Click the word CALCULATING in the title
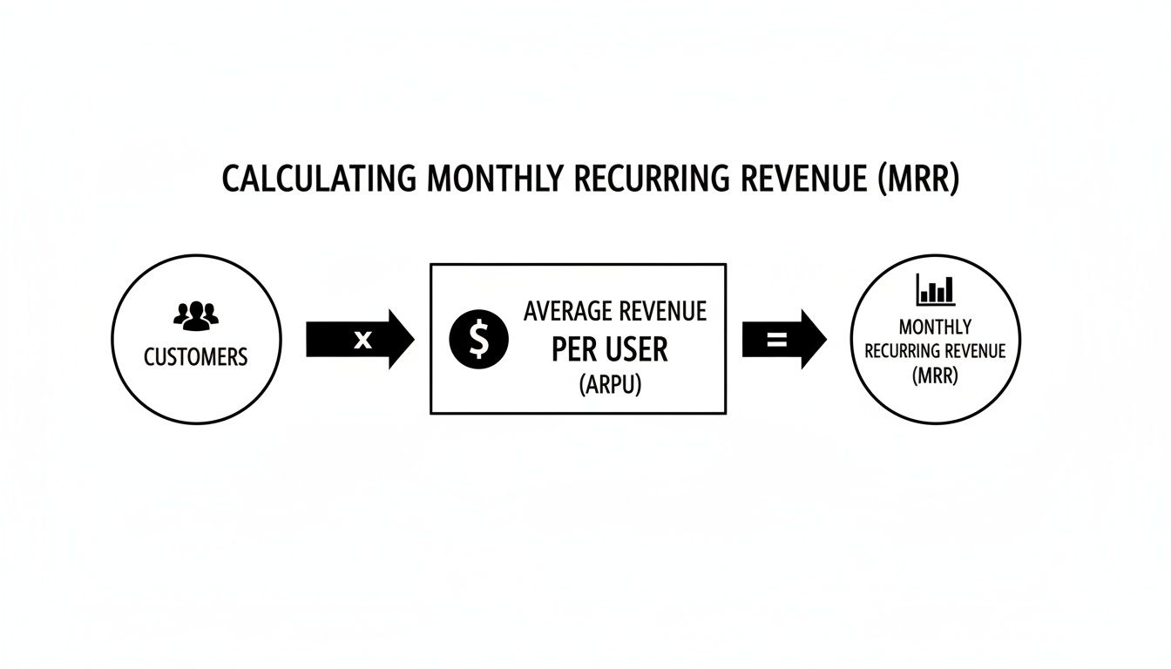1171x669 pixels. [x=318, y=178]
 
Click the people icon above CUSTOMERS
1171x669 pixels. [x=195, y=314]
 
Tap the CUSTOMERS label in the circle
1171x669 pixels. [x=195, y=356]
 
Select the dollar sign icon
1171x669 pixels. [x=478, y=339]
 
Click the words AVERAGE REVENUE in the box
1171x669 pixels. [x=615, y=311]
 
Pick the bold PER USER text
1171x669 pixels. [x=609, y=349]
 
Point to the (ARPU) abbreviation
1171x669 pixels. [x=609, y=385]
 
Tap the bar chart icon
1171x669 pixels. [x=936, y=289]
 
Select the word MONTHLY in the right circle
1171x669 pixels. [x=934, y=328]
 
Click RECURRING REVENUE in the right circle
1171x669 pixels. [x=934, y=352]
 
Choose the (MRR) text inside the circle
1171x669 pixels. [x=934, y=377]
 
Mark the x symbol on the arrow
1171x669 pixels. [x=362, y=340]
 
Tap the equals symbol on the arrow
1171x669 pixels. [x=775, y=340]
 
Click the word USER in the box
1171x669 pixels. [x=633, y=349]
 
